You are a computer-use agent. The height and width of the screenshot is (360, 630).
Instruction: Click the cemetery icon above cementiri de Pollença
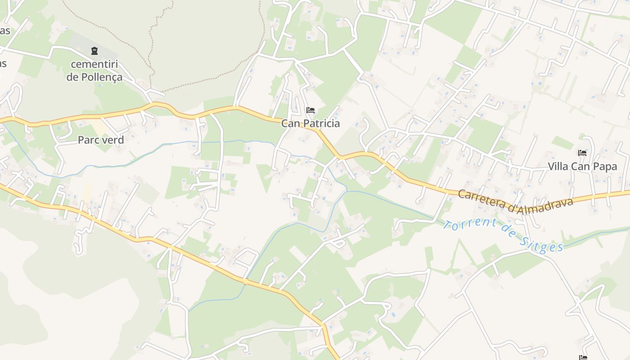94,51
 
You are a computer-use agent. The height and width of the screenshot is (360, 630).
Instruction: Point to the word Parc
88,140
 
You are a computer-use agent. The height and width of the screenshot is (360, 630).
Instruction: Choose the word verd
112,140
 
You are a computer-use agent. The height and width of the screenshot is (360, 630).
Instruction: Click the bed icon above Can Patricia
310,110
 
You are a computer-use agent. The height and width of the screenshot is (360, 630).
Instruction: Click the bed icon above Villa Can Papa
582,153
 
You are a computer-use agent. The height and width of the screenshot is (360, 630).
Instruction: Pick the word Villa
558,166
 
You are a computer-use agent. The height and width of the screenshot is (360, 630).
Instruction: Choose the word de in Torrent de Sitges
508,233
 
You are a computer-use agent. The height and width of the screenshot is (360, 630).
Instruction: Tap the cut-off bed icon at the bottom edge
584,358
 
